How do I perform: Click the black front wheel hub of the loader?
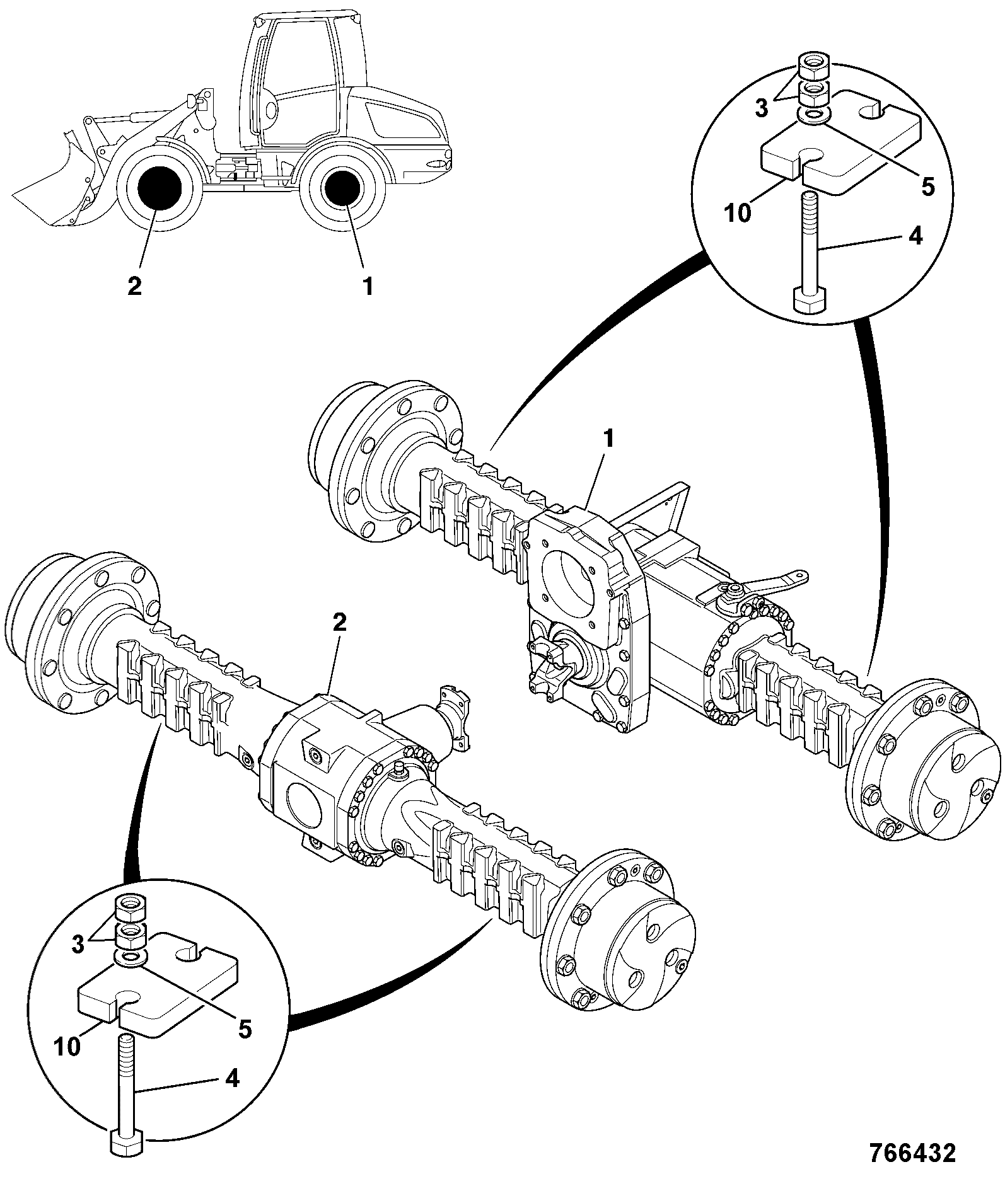(x=156, y=187)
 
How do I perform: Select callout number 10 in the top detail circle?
(x=738, y=212)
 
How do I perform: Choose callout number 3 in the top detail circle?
(x=762, y=109)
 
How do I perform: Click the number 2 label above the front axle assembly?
(x=339, y=623)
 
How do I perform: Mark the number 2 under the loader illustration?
(x=134, y=286)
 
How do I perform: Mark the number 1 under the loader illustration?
(x=368, y=286)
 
